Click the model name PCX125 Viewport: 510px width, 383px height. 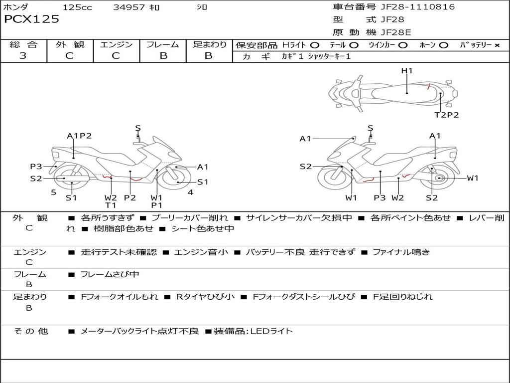point(31,19)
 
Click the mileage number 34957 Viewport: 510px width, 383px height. point(129,7)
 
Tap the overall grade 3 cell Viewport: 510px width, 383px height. point(23,56)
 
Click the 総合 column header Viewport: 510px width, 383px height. point(23,44)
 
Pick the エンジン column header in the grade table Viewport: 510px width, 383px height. point(116,44)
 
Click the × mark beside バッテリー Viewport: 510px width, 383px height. point(497,45)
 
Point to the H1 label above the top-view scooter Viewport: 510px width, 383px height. point(407,71)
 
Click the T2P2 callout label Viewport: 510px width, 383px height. point(446,115)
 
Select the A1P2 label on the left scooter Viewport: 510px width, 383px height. point(79,136)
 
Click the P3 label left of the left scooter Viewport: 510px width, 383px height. point(36,167)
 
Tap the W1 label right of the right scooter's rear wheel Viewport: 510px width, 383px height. point(472,178)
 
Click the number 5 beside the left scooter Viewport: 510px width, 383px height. point(53,192)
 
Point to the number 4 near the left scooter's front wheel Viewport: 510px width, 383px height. point(190,192)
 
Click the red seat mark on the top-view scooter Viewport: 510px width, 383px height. point(429,86)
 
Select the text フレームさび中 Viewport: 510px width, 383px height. point(110,274)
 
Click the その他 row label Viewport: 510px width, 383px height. point(31,331)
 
